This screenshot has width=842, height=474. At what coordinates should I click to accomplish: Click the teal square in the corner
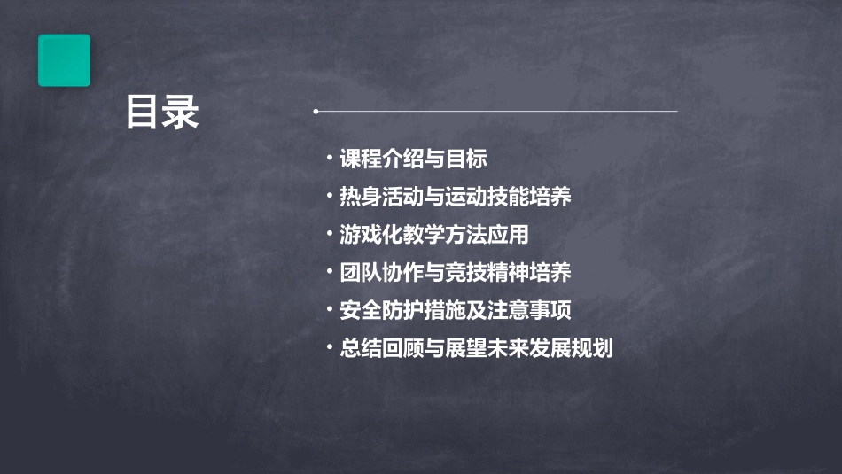click(64, 60)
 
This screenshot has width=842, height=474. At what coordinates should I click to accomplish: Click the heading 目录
click(162, 113)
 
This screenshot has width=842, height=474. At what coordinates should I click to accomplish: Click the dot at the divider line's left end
click(316, 112)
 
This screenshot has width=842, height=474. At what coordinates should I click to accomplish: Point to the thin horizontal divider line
click(496, 112)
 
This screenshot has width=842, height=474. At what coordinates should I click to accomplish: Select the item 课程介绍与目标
click(413, 159)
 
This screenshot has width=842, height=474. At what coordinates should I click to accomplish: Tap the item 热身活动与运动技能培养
click(455, 197)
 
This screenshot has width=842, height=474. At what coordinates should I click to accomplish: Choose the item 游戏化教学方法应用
click(433, 235)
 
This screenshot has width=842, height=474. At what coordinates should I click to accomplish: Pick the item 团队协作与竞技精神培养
click(455, 273)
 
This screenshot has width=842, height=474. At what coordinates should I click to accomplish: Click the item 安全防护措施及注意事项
click(455, 310)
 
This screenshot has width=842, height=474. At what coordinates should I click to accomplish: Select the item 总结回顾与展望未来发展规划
click(476, 348)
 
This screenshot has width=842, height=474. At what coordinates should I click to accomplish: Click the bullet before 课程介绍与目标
click(329, 159)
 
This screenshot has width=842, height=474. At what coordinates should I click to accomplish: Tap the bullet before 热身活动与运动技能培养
click(329, 196)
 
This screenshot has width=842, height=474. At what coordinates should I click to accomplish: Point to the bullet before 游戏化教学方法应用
click(329, 234)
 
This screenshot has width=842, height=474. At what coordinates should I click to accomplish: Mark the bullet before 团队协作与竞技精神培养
click(329, 272)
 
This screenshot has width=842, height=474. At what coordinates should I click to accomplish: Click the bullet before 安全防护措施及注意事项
click(329, 309)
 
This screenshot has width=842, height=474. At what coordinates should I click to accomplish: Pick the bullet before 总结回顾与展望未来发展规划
click(329, 347)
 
